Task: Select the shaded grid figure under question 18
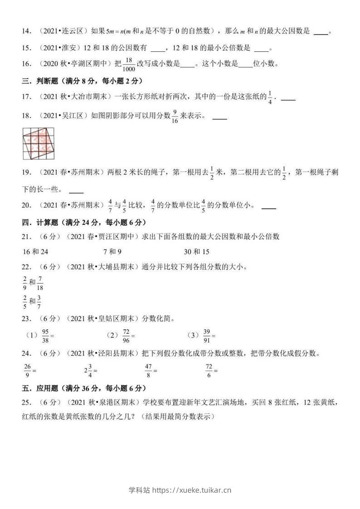(38, 144)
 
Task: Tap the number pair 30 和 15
(196, 252)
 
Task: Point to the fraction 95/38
(45, 335)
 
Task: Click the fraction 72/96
(126, 335)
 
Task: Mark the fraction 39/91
(207, 335)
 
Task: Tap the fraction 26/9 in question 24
(27, 370)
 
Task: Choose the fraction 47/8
(148, 370)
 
